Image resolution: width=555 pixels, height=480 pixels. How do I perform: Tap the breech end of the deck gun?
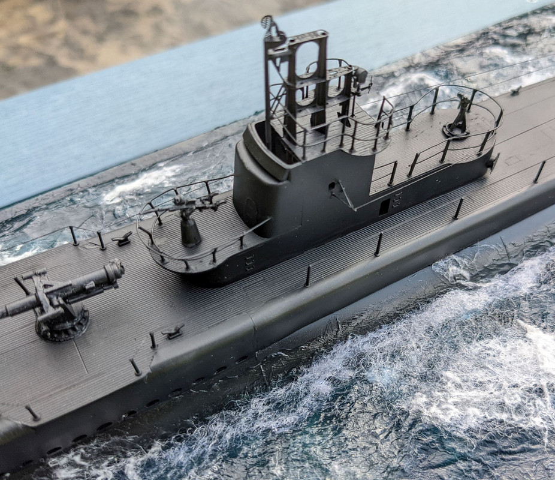tap(113, 270)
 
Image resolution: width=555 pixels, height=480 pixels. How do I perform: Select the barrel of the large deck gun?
tap(24, 305)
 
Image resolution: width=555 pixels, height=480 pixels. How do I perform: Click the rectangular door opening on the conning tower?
tap(384, 207)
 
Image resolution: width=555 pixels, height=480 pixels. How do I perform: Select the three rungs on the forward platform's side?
tap(249, 262)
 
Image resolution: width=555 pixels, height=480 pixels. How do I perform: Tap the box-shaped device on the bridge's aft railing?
tap(362, 78)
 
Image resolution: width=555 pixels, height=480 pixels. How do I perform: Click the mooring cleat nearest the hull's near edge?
tap(172, 331)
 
